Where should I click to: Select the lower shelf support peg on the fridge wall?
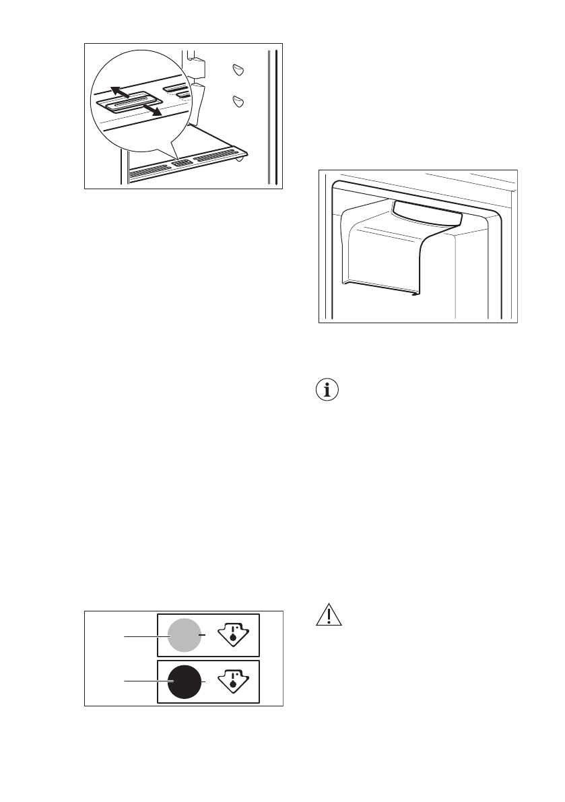[x=237, y=101]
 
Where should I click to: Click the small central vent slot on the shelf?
[x=182, y=163]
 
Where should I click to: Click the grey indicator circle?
[x=183, y=634]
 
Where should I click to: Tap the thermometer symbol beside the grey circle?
[x=232, y=634]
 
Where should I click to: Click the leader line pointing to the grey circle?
[x=141, y=634]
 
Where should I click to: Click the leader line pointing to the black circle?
[x=141, y=681]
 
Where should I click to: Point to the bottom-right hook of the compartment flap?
[x=413, y=292]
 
